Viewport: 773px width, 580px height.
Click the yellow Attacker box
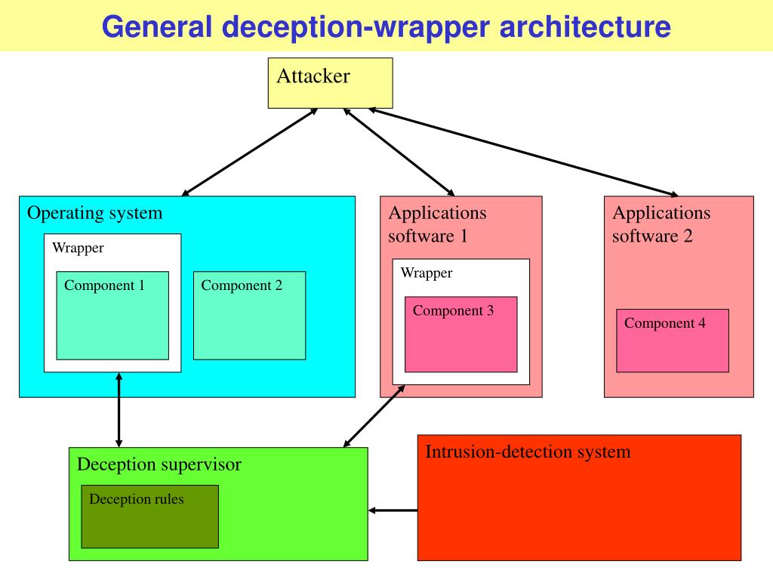tap(331, 83)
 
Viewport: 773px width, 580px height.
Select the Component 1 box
tap(112, 315)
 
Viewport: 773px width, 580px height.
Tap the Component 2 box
tap(249, 315)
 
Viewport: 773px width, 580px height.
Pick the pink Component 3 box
tap(461, 335)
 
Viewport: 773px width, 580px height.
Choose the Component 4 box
tap(673, 341)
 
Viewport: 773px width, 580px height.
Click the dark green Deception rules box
tap(150, 517)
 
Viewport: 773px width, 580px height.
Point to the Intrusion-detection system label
tap(528, 452)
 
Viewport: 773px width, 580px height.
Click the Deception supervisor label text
tap(159, 464)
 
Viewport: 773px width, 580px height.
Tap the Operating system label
tap(94, 213)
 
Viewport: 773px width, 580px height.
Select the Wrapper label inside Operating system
tap(78, 248)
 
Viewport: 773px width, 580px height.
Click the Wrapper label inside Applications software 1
tap(427, 273)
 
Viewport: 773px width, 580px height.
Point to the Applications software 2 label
tap(661, 224)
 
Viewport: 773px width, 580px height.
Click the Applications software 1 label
tap(437, 224)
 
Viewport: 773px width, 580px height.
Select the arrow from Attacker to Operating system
tap(250, 153)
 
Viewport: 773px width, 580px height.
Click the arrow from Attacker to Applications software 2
tap(524, 153)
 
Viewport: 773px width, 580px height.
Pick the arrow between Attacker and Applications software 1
tap(399, 153)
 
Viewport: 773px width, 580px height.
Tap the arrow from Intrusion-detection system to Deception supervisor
tap(393, 510)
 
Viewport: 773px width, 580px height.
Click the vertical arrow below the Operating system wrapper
tap(119, 410)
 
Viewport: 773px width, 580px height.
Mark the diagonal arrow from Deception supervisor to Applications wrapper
tap(374, 416)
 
